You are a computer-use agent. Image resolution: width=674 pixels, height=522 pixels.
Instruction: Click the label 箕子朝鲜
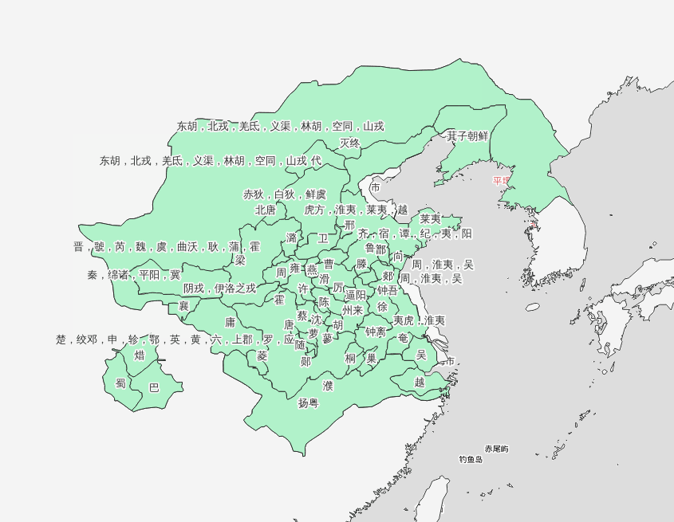point(467,136)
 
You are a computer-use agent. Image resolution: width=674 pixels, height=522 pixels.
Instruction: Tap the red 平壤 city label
point(501,181)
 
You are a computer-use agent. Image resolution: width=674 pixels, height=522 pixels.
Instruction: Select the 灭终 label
point(350,143)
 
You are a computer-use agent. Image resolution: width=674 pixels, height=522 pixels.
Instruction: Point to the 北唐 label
point(266,210)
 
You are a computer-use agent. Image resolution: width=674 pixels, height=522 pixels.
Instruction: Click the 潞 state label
point(291,238)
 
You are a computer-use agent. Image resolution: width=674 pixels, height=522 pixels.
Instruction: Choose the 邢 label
point(349,226)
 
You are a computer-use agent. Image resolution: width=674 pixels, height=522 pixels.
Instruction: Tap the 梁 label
point(240,261)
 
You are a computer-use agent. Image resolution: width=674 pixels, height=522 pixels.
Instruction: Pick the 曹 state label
point(329,264)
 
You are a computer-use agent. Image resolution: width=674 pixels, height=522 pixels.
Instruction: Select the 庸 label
point(230,323)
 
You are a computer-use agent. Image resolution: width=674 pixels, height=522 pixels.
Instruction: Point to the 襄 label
point(183,306)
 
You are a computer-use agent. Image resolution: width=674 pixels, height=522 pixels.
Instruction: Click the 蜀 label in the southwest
point(120,383)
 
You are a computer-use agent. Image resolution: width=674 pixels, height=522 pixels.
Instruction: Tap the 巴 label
point(155,388)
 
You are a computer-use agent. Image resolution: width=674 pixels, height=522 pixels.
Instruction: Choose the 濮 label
point(328,386)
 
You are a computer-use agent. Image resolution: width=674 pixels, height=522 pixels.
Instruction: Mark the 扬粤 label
point(308,403)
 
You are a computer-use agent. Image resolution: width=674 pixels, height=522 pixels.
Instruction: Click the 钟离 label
point(376,332)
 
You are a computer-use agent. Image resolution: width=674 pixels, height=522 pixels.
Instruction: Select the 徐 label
point(383,307)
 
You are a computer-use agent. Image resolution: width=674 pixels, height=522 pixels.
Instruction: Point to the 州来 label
point(353,310)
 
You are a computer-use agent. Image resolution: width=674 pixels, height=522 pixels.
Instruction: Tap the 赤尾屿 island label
point(496,449)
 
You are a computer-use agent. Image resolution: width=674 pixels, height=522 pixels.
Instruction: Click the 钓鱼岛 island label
point(471,460)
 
